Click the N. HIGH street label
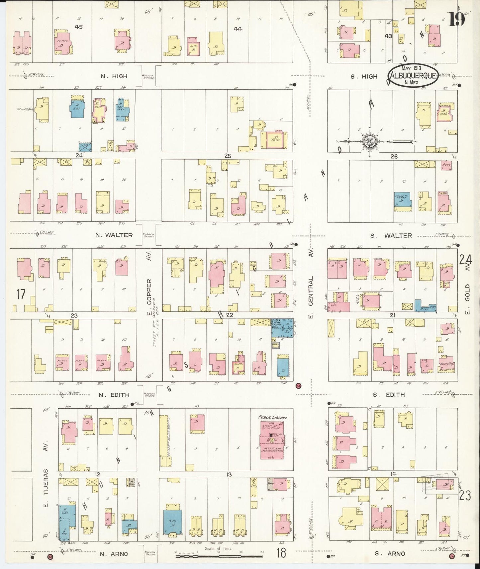tap(114, 76)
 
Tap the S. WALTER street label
tap(391, 235)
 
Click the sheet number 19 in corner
tap(457, 20)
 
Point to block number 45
tap(79, 27)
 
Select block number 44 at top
tap(238, 29)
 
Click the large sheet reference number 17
tap(21, 294)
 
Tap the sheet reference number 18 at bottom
tap(281, 553)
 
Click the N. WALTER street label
tap(114, 235)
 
